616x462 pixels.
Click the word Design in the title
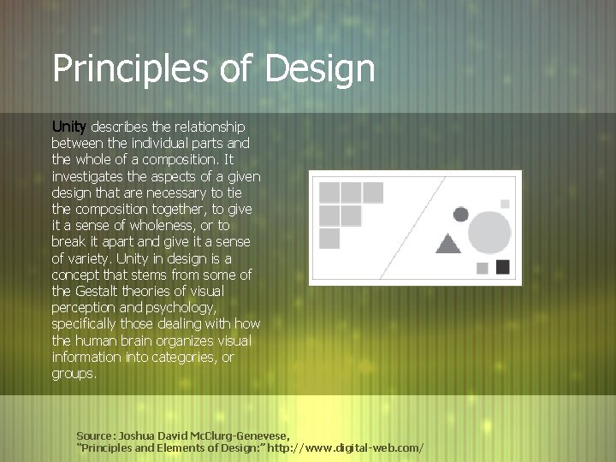click(320, 68)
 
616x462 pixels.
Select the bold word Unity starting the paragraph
click(69, 127)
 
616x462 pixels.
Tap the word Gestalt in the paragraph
click(105, 290)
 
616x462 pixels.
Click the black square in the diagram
click(503, 267)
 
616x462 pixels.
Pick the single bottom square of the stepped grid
click(329, 238)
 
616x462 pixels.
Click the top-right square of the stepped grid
click(373, 192)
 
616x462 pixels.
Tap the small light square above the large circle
click(505, 203)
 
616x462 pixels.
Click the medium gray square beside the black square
click(482, 268)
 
